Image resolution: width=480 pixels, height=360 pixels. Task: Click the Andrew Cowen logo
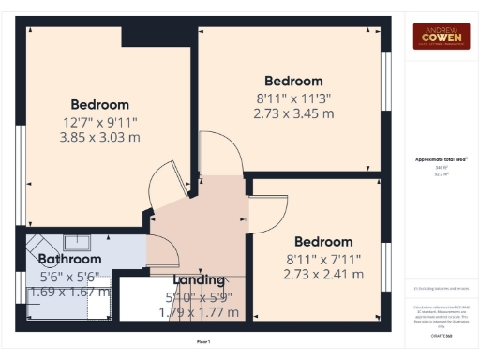[x=442, y=36]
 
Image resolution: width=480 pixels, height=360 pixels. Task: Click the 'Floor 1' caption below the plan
[x=203, y=341]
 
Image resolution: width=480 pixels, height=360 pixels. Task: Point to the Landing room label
[x=199, y=279]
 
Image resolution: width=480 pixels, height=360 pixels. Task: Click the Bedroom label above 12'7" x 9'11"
[x=99, y=104]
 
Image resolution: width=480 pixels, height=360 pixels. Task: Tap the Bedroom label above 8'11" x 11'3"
[x=292, y=81]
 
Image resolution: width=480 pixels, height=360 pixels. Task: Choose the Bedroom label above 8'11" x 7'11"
[x=323, y=241]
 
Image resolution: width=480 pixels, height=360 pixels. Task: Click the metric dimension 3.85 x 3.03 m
[x=99, y=137]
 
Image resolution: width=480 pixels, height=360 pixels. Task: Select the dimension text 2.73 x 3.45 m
[x=292, y=113]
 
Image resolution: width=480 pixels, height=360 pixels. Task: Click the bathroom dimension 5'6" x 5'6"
[x=70, y=277]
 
